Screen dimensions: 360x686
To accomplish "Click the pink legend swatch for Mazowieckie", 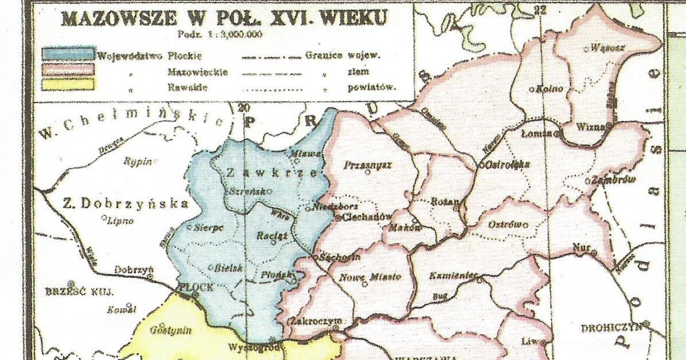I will pyautogui.click(x=68, y=70).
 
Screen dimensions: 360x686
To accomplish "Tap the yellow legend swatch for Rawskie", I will pyautogui.click(x=68, y=85).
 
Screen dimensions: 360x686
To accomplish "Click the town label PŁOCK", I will pyautogui.click(x=196, y=287).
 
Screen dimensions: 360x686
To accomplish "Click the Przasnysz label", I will pyautogui.click(x=367, y=165).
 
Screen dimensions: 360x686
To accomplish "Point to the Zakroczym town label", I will pyautogui.click(x=316, y=321).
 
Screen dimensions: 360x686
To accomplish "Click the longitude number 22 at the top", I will pyautogui.click(x=539, y=8).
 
